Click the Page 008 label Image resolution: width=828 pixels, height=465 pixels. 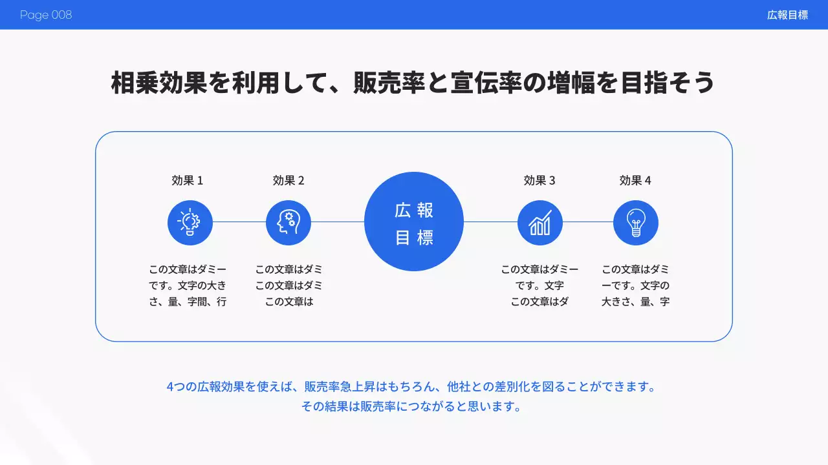tap(46, 15)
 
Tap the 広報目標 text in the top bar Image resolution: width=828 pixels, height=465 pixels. tap(787, 15)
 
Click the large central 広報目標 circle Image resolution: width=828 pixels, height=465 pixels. tap(414, 222)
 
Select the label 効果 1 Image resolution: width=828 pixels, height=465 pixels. tap(188, 181)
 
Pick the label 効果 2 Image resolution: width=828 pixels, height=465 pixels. tap(289, 181)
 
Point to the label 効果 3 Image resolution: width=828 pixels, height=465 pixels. tap(539, 181)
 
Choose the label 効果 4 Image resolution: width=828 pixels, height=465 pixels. tap(635, 181)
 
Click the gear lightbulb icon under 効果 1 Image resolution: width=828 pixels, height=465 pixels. tap(190, 222)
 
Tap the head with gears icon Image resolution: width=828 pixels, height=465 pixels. tap(289, 222)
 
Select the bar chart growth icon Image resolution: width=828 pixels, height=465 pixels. tap(540, 222)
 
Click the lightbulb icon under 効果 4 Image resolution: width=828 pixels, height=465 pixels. tap(636, 222)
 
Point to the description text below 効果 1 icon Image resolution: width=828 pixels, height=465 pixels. tap(188, 285)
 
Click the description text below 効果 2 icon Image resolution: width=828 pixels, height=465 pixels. tap(289, 285)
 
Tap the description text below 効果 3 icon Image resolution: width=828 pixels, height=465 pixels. tap(539, 285)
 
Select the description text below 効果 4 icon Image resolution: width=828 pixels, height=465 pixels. tap(635, 285)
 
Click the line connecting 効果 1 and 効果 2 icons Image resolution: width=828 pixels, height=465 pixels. tap(239, 222)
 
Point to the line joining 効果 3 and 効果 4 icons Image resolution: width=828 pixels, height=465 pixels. tap(588, 222)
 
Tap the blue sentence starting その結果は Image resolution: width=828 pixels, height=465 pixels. tap(411, 407)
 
